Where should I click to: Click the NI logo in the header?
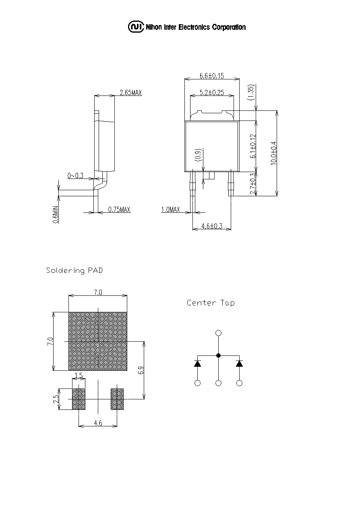(136, 27)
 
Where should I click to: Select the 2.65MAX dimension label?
(131, 92)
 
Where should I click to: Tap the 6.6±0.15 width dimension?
(211, 76)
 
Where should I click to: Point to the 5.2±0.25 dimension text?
(212, 92)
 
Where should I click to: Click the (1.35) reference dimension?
(252, 92)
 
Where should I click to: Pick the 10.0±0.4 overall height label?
(273, 153)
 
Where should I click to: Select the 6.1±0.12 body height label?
(252, 146)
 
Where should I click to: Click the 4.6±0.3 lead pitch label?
(212, 226)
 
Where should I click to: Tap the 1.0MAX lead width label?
(170, 209)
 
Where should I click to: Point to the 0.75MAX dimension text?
(119, 209)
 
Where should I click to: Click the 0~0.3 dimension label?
(75, 176)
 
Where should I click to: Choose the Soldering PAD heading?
(74, 270)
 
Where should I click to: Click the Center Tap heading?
(211, 303)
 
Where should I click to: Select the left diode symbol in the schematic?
(197, 364)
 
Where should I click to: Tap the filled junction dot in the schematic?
(218, 355)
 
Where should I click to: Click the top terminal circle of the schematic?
(218, 333)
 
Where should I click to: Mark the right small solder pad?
(117, 399)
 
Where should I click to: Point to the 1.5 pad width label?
(79, 376)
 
